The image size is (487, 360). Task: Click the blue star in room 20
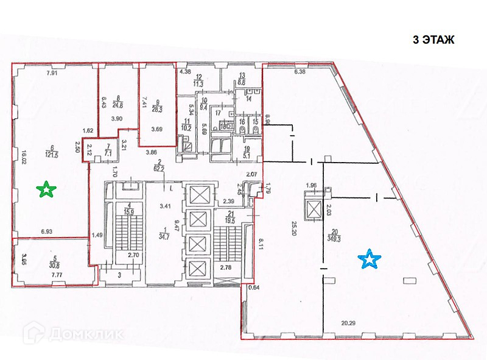369,260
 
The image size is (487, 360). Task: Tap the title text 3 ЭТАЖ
434,40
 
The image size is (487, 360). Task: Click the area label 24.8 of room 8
118,100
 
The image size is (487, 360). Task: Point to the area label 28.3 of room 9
158,105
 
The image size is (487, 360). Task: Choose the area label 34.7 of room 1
166,235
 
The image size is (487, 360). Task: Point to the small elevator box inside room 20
314,208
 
